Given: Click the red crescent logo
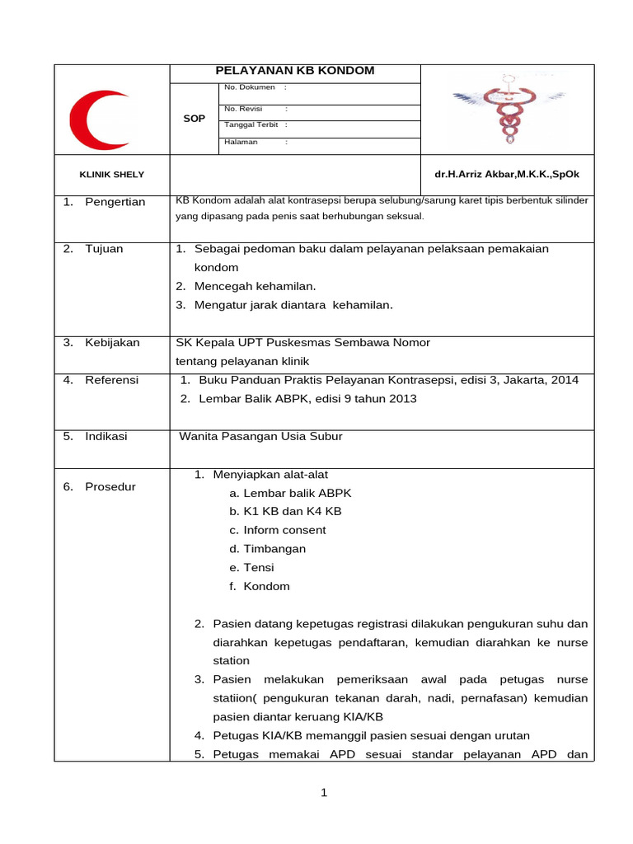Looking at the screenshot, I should point(96,120).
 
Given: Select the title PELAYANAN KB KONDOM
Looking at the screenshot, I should point(294,71).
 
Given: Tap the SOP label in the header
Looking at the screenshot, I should point(194,119).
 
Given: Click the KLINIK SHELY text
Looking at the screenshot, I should point(111,175).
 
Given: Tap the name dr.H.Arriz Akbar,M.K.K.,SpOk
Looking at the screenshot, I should point(506,175).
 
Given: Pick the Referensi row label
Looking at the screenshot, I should point(111,380).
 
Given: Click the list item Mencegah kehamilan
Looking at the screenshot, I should point(255,286).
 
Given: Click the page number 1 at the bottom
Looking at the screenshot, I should point(324,793).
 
